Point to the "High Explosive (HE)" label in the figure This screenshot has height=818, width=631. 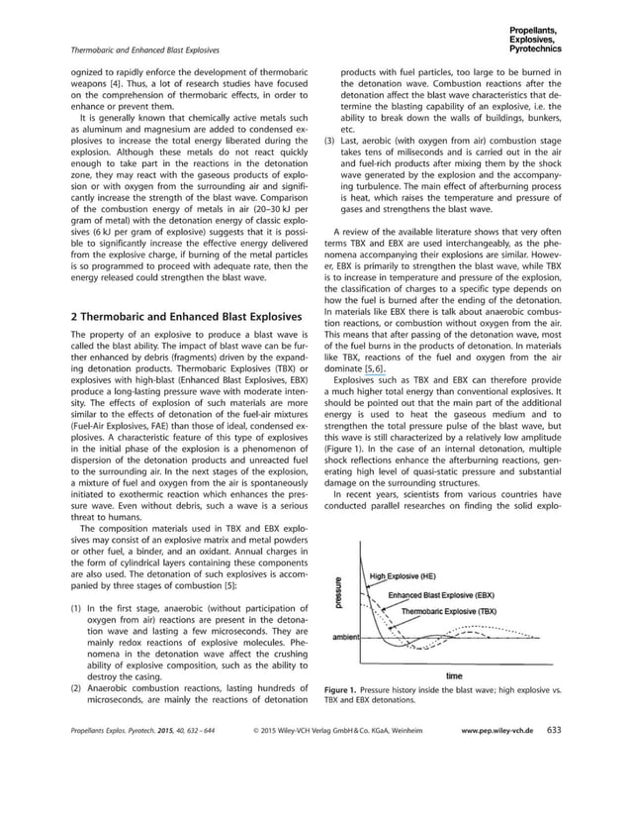403,576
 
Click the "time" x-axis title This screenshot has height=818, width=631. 454,675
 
